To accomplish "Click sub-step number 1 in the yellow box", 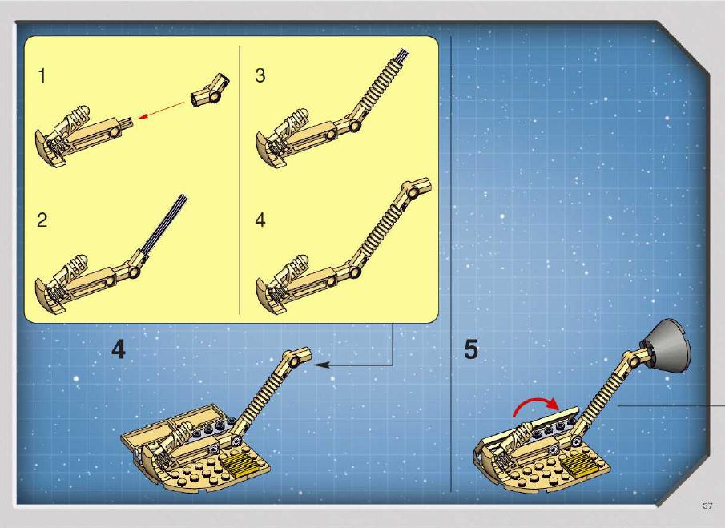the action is tap(42, 76).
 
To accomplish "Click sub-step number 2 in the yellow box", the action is tap(42, 220).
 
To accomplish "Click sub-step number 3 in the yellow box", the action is tap(260, 75).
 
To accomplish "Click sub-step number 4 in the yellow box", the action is tap(260, 220).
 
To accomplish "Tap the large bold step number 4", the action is tap(119, 349).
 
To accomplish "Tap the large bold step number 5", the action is tap(471, 349).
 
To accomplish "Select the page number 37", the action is tap(707, 506).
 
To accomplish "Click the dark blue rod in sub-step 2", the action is tap(165, 224).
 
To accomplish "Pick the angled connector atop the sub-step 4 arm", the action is tap(415, 187).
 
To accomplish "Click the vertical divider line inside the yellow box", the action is tap(240, 179).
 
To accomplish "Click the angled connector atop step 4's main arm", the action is tap(296, 357).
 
